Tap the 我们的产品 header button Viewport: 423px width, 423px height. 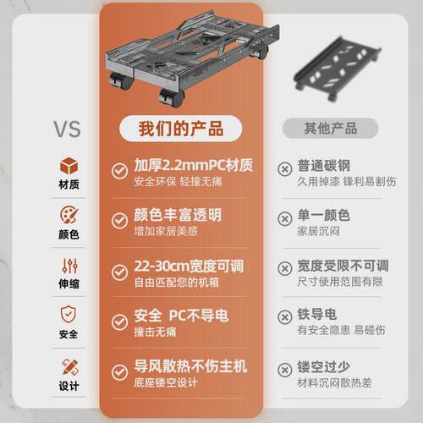point(182,129)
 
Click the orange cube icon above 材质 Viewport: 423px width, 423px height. point(69,164)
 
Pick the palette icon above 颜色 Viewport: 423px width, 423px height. point(69,214)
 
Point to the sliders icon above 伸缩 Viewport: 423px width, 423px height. point(69,265)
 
